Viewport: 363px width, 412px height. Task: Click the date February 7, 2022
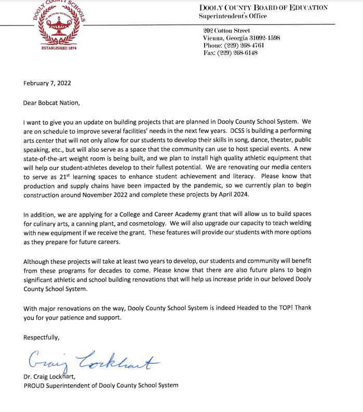coord(47,83)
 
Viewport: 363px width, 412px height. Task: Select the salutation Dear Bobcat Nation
coord(52,102)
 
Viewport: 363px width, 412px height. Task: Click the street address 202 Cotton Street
coord(227,31)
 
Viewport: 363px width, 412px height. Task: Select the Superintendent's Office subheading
coord(233,16)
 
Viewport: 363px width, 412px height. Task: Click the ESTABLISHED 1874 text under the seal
coord(58,48)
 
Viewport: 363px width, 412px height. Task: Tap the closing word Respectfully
coord(42,337)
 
